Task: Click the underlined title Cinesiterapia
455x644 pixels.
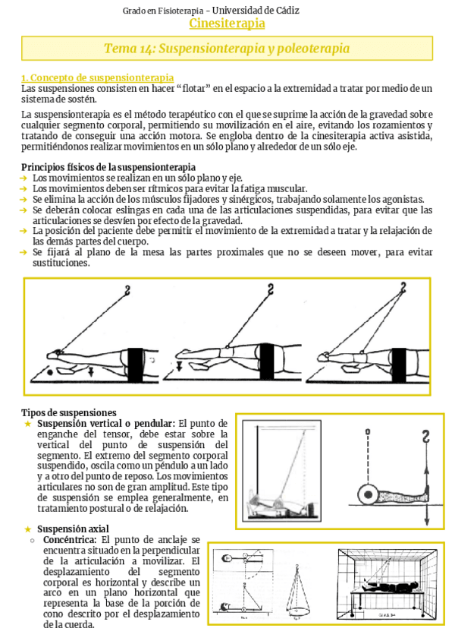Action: coord(227,24)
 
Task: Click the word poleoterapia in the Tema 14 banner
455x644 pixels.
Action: coord(311,49)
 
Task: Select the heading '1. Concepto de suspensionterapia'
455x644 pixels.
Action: coord(98,78)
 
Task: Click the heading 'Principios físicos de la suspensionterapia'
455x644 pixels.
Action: coord(108,167)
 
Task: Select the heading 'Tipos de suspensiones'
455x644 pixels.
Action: coord(68,412)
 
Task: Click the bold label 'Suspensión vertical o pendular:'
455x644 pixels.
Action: coord(107,423)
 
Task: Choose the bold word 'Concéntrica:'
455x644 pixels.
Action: coord(67,539)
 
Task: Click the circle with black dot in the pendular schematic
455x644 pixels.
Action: coord(368,494)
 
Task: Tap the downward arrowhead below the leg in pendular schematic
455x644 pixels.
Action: coord(428,522)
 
